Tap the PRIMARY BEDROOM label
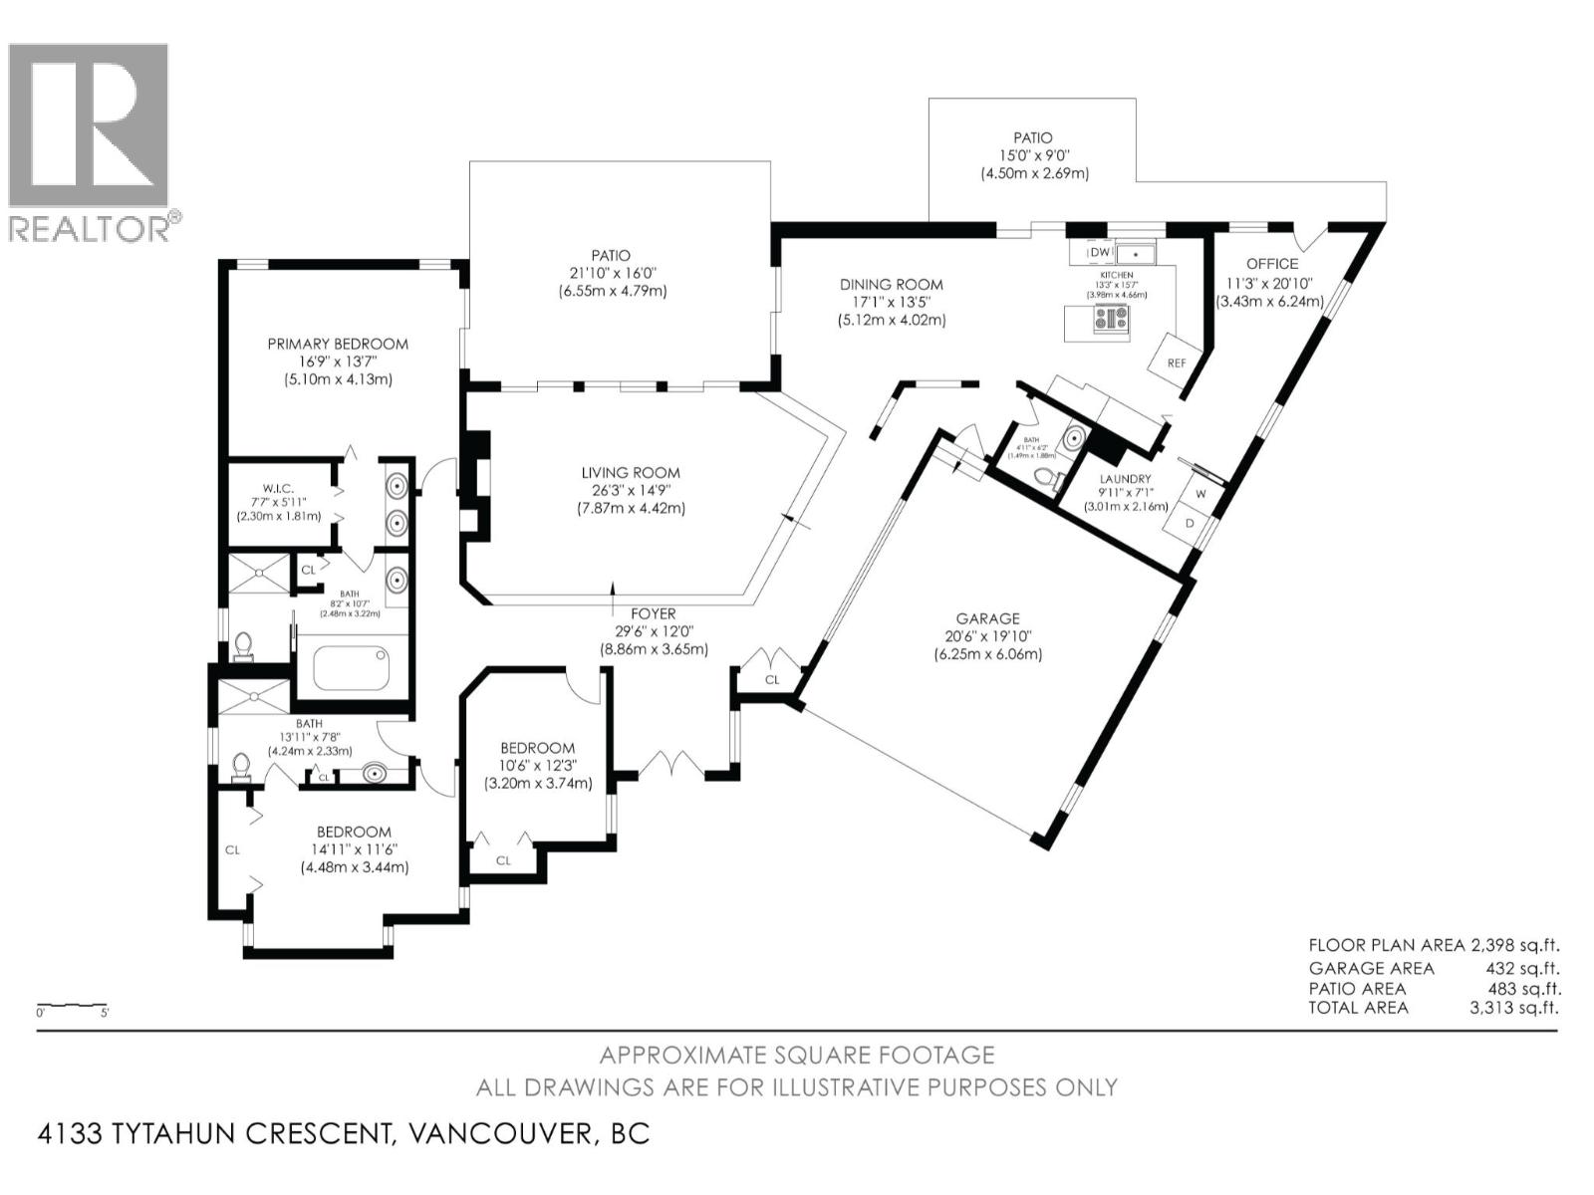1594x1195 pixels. pyautogui.click(x=338, y=344)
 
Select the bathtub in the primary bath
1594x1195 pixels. pyautogui.click(x=350, y=668)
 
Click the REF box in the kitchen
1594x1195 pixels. pyautogui.click(x=1177, y=362)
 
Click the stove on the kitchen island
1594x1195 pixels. pyautogui.click(x=1111, y=319)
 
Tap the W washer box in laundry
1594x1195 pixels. pyautogui.click(x=1200, y=493)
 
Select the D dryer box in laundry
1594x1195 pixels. pyautogui.click(x=1190, y=523)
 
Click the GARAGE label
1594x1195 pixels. pyautogui.click(x=987, y=618)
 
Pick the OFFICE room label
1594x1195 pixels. pyautogui.click(x=1272, y=264)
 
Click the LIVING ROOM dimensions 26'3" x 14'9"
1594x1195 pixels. pyautogui.click(x=631, y=491)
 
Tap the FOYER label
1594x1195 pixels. pyautogui.click(x=653, y=614)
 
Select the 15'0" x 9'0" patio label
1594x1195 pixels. pyautogui.click(x=1033, y=155)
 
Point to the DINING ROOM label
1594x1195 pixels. pyautogui.click(x=891, y=285)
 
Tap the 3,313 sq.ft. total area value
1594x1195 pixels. pyautogui.click(x=1514, y=1008)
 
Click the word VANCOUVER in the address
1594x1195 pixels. pyautogui.click(x=492, y=1133)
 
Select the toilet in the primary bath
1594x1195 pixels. pyautogui.click(x=242, y=648)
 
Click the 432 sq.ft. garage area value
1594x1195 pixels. pyautogui.click(x=1522, y=968)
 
